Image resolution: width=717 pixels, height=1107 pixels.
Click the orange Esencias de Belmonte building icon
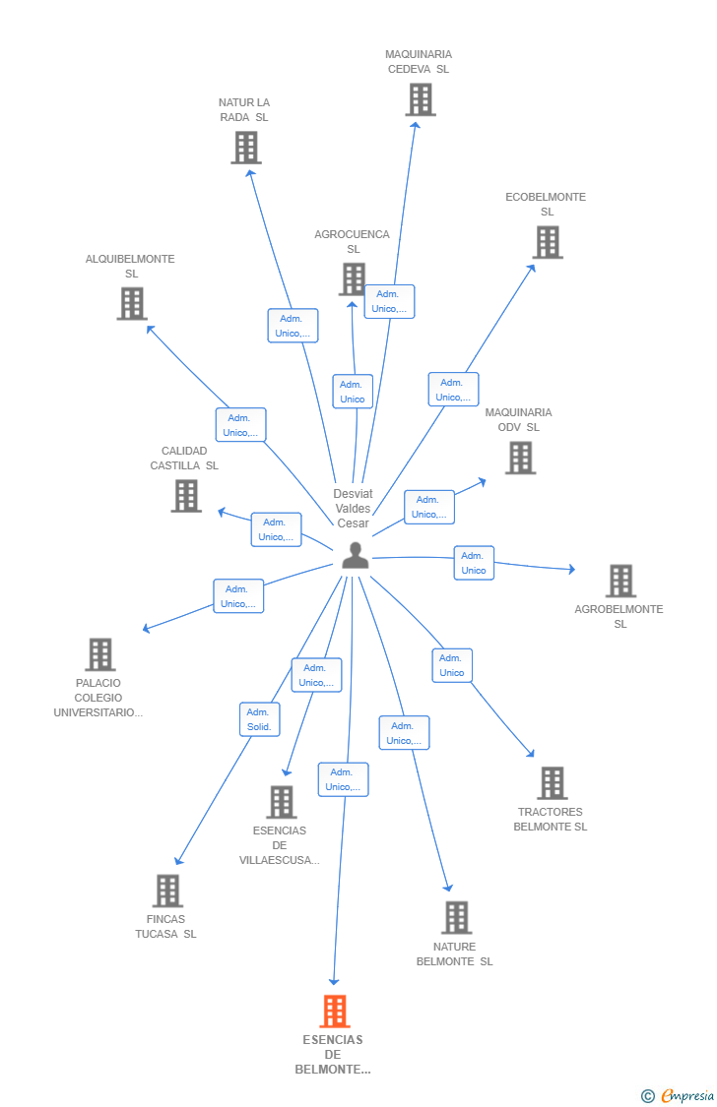[335, 1011]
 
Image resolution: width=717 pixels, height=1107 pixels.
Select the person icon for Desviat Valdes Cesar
[355, 556]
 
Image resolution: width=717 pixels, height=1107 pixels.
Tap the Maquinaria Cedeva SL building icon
[420, 99]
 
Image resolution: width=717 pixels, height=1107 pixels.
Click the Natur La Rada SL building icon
[245, 148]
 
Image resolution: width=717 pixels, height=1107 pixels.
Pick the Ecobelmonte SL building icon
[548, 242]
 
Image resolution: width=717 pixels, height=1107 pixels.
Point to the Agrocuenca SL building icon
[353, 279]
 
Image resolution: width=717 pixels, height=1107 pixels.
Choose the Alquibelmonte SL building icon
[132, 304]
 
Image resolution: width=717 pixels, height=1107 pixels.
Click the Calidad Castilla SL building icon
[186, 496]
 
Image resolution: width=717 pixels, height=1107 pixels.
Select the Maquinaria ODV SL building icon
[520, 458]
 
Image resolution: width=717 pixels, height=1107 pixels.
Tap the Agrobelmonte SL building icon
[620, 581]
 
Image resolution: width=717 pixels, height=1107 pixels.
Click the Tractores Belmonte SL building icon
[552, 783]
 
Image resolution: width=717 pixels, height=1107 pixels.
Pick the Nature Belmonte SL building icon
[456, 917]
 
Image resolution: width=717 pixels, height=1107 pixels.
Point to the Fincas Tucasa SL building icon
[168, 891]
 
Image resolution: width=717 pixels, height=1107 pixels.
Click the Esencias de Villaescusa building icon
[282, 802]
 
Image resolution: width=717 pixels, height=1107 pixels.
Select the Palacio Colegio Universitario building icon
[99, 654]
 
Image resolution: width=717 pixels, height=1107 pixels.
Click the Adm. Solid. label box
[259, 719]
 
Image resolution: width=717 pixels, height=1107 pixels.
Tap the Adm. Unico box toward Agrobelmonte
[474, 563]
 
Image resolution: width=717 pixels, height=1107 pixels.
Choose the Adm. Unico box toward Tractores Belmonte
[452, 665]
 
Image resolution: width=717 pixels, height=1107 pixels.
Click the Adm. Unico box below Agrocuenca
[353, 392]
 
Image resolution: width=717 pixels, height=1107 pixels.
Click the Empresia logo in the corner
[679, 1095]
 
